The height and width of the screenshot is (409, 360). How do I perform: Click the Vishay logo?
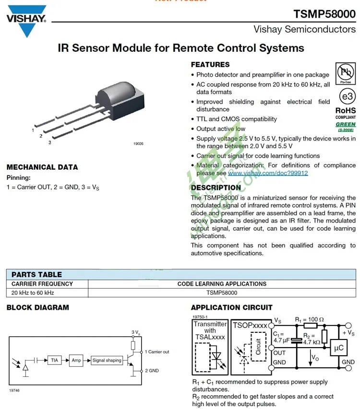click(x=26, y=20)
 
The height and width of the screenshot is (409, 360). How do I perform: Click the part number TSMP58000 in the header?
click(x=324, y=14)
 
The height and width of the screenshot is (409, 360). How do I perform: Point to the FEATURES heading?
click(x=210, y=65)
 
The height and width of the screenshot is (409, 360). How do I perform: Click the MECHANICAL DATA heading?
click(x=42, y=167)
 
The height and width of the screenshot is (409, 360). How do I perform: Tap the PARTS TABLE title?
click(x=36, y=275)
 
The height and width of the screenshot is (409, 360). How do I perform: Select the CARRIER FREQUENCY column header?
click(x=42, y=284)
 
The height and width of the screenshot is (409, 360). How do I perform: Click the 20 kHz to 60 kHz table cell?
click(x=33, y=292)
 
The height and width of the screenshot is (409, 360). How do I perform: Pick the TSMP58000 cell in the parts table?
click(x=222, y=292)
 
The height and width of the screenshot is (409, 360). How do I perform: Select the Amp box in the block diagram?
click(x=76, y=360)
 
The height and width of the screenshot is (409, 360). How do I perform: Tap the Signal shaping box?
click(x=107, y=360)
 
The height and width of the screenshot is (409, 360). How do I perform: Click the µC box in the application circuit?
click(x=338, y=348)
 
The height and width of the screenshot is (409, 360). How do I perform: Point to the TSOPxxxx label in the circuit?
click(x=250, y=325)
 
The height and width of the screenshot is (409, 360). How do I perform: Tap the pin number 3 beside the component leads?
click(x=49, y=142)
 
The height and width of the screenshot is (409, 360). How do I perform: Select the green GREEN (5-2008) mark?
click(x=346, y=127)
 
